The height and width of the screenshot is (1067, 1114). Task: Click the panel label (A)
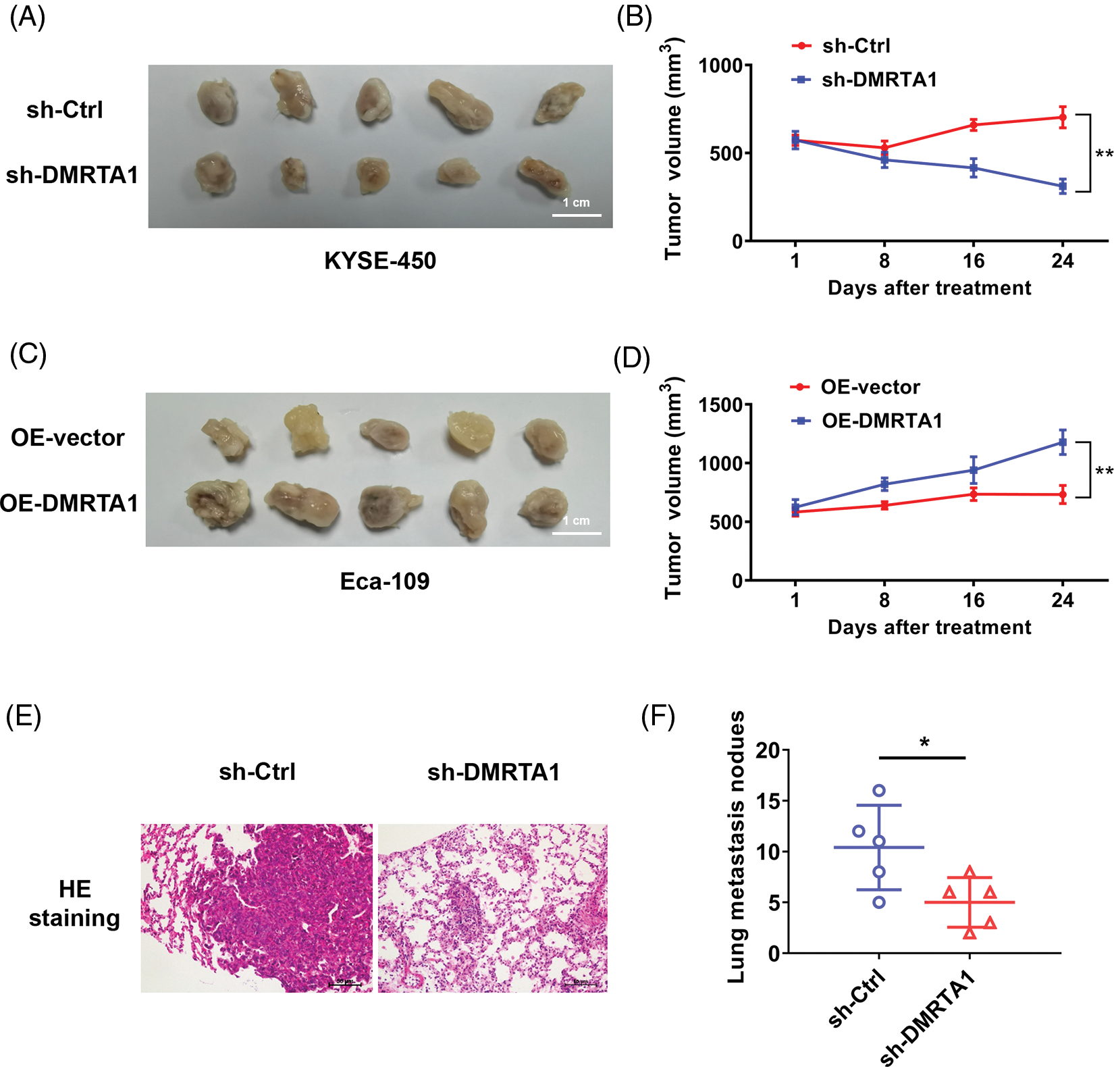coord(28,17)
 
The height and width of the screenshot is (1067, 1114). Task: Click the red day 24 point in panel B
coord(1063,118)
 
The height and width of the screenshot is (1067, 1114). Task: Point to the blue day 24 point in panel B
coord(1063,186)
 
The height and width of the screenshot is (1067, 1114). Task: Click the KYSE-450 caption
coord(380,261)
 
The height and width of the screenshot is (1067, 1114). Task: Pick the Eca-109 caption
coord(384,581)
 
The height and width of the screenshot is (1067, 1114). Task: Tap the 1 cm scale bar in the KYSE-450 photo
coord(577,215)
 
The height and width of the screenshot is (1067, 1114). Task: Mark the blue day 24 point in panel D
coord(1063,443)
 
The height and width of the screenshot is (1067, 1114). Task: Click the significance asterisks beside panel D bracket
coord(1104,471)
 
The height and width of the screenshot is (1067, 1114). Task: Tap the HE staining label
coord(74,904)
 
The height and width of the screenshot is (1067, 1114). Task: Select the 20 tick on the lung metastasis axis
coord(768,750)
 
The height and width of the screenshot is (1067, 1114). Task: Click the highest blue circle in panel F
coord(879,790)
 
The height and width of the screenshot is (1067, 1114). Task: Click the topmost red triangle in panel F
coord(970,872)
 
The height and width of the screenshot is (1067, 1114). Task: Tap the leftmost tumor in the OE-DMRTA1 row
coord(217,503)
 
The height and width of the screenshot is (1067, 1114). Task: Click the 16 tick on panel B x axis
coord(974,261)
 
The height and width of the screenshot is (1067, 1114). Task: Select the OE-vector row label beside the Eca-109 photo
coord(68,438)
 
